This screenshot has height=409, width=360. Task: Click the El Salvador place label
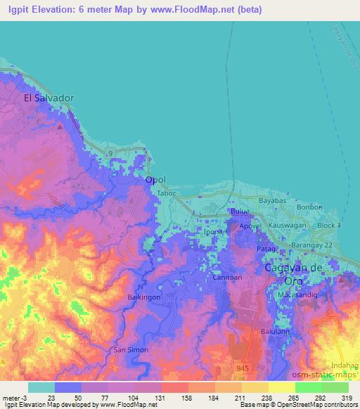pos(49,98)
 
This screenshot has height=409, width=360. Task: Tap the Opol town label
pos(155,180)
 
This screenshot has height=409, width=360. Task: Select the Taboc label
pos(166,193)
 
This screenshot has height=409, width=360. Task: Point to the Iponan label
pos(215,231)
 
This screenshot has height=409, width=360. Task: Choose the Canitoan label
pos(227,278)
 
